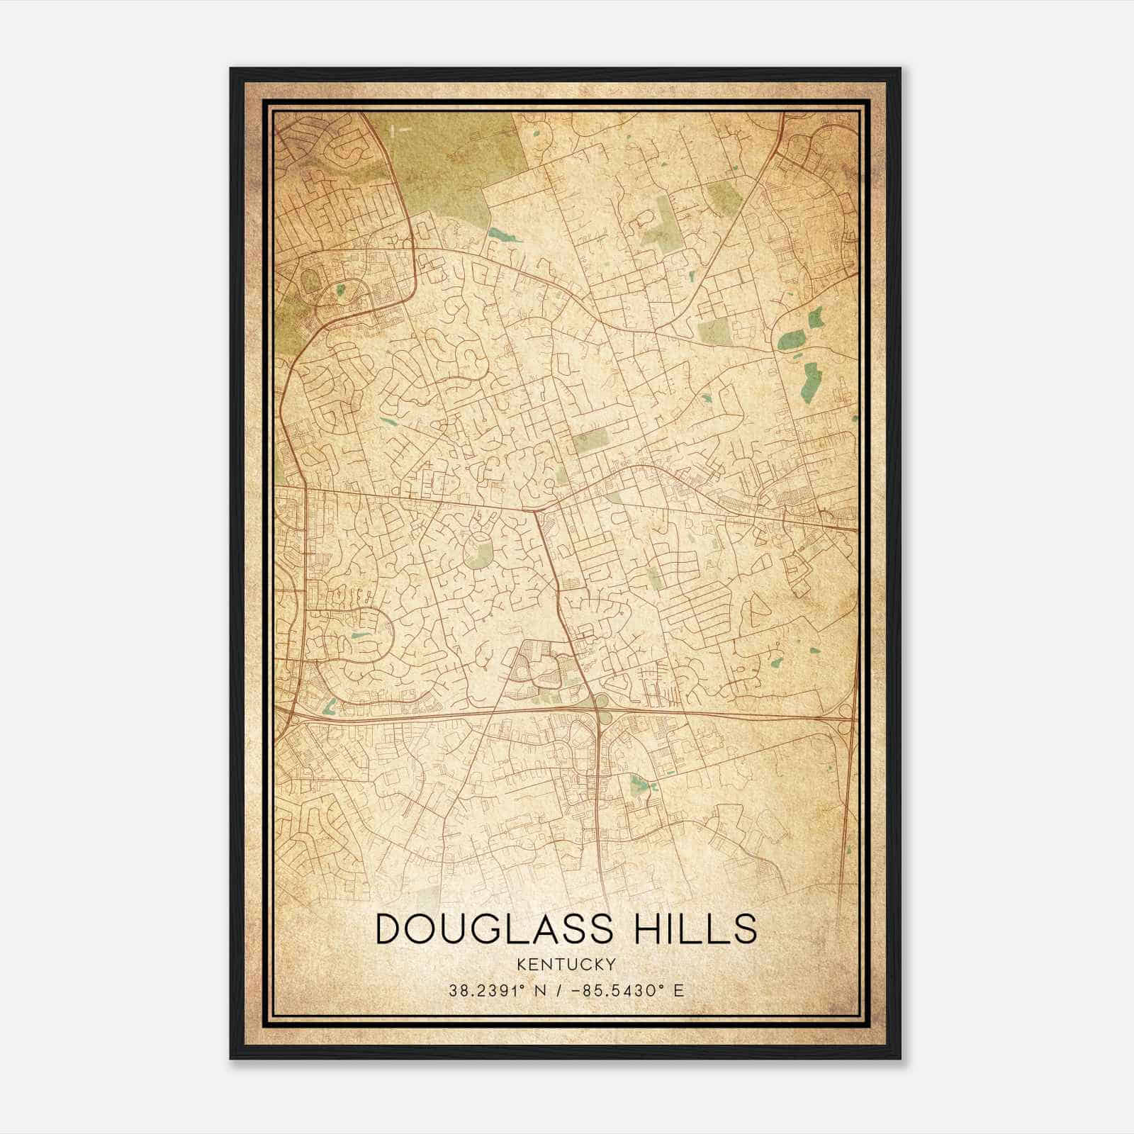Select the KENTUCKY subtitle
[566, 964]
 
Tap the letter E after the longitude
[679, 990]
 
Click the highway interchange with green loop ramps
[601, 708]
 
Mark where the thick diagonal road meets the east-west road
[537, 510]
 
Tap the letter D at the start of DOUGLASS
[391, 929]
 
